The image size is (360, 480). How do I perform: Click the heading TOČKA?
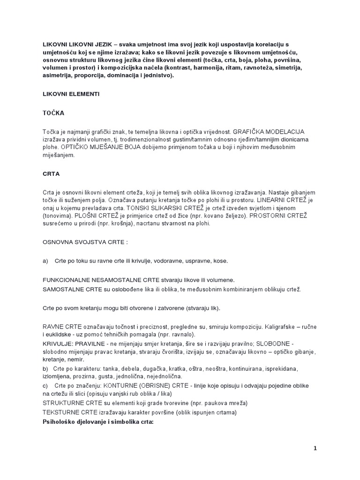[53, 113]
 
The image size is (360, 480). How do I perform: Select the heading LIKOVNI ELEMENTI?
[71, 94]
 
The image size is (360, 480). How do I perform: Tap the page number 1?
[315, 448]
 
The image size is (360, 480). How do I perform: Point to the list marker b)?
[45, 369]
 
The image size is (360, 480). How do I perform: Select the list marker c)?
[45, 385]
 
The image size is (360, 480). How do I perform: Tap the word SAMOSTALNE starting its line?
[63, 289]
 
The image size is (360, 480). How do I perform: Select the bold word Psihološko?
[60, 421]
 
